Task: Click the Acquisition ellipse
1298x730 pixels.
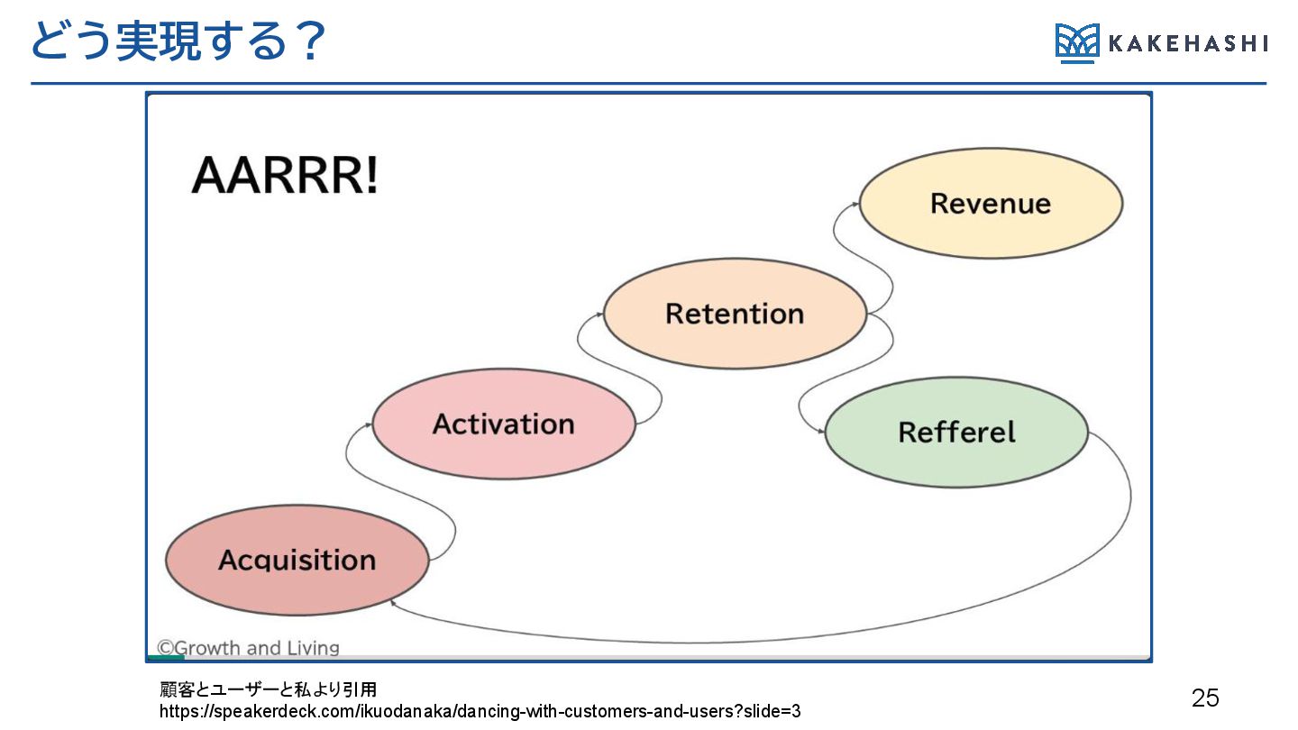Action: coord(297,560)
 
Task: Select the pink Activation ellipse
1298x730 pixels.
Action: coord(503,424)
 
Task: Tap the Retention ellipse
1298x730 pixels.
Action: coord(734,314)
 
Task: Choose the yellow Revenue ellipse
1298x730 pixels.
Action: coord(990,203)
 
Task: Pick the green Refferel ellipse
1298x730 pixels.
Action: coord(955,432)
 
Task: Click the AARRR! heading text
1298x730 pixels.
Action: coord(284,176)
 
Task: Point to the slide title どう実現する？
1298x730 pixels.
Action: coord(177,41)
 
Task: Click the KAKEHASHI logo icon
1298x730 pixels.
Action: coord(1077,42)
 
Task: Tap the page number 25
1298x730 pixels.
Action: coord(1205,697)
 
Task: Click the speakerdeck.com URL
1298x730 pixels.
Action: coord(480,711)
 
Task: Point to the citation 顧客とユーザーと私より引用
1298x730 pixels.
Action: coord(268,690)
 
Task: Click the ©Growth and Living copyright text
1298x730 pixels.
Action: coord(248,648)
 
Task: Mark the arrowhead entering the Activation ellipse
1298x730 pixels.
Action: coord(369,424)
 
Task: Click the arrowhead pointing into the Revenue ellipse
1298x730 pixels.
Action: coord(855,205)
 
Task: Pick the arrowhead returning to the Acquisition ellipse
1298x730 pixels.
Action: coord(393,601)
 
